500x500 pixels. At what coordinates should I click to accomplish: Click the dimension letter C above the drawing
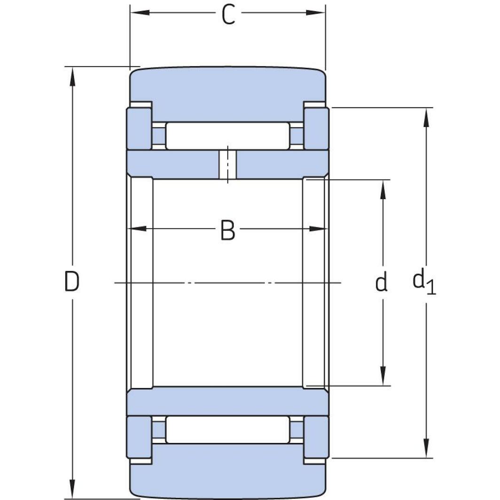pos(228,15)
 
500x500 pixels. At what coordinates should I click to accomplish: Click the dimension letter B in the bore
pos(228,231)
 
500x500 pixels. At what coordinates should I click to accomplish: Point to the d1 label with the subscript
pos(424,282)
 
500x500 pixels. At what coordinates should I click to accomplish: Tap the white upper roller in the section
pos(227,136)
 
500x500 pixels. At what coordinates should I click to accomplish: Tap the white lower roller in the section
pos(227,430)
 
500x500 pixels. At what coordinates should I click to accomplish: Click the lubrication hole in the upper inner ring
pos(228,164)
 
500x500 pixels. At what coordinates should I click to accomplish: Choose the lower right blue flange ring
pos(316,437)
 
